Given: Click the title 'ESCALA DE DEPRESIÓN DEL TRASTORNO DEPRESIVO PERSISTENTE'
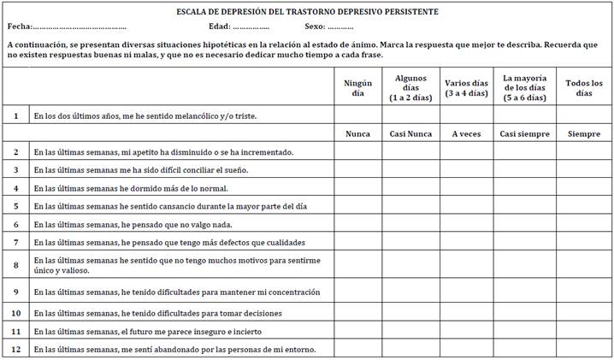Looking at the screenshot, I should click(x=307, y=11).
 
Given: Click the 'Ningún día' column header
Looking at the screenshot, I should click(x=357, y=87).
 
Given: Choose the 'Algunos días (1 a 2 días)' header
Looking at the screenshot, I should click(x=411, y=87).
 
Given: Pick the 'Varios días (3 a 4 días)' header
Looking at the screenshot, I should click(x=465, y=87).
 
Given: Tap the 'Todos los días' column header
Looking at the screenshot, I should click(x=584, y=87).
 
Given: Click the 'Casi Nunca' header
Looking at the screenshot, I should click(x=411, y=133).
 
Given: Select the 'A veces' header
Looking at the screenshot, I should click(x=465, y=133).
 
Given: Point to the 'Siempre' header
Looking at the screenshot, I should click(x=584, y=133).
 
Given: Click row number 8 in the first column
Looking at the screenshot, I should click(x=15, y=265).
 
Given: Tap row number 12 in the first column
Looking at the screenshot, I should click(x=15, y=349).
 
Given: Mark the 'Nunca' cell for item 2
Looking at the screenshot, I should click(x=357, y=151).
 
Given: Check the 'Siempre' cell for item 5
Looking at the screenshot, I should click(x=584, y=206).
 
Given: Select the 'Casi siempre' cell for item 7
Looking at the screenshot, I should click(x=524, y=243).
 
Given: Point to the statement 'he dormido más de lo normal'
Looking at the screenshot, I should click(x=131, y=188).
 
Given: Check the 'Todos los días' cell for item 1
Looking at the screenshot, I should click(x=584, y=115).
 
